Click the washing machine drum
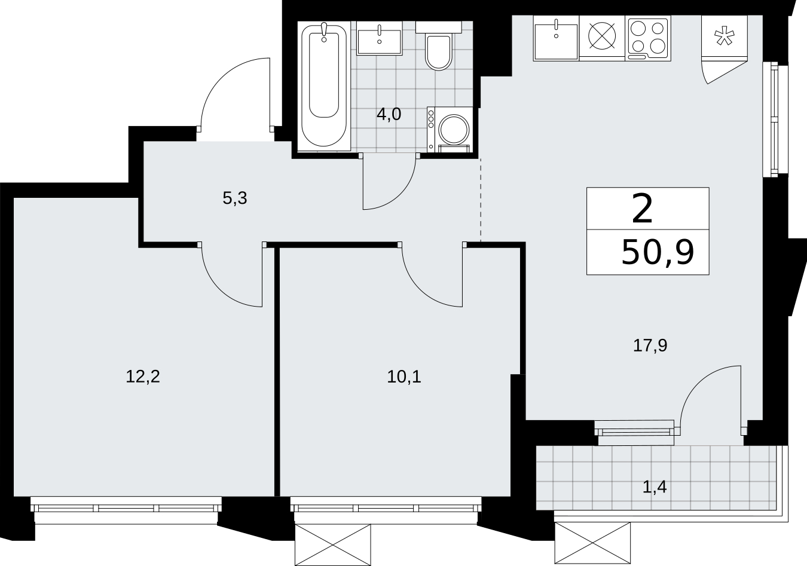(x=454, y=129)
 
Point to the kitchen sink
(x=557, y=38)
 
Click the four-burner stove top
(x=648, y=38)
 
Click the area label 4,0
(x=389, y=114)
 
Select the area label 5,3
(x=235, y=198)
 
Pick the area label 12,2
(x=143, y=377)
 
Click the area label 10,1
(x=404, y=377)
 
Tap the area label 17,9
(x=650, y=345)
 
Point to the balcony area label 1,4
(x=655, y=487)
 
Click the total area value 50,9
(x=658, y=253)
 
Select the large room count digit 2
(x=643, y=209)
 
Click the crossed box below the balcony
(x=592, y=543)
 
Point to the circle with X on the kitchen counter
(x=602, y=36)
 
